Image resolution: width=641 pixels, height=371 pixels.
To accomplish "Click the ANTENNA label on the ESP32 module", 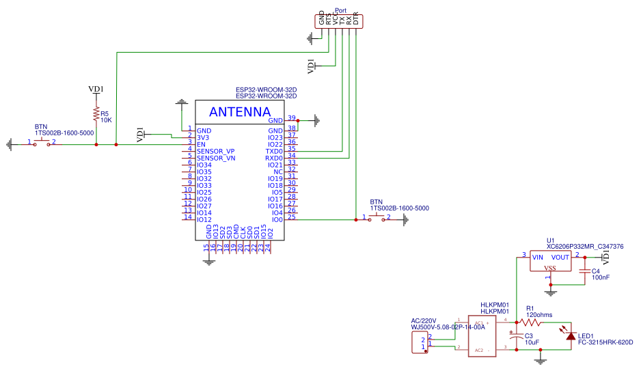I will pyautogui.click(x=239, y=112).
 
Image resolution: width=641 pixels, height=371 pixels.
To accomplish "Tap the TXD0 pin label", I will pyautogui.click(x=273, y=151).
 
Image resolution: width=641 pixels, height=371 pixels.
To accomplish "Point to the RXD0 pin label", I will pyautogui.click(x=273, y=158).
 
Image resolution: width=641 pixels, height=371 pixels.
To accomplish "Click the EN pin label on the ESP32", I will pyautogui.click(x=201, y=144).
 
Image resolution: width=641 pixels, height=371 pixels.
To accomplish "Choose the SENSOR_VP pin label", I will pyautogui.click(x=215, y=151).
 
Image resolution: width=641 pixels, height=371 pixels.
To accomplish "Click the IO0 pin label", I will pyautogui.click(x=277, y=219).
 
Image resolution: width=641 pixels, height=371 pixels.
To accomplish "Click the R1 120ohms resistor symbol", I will pyautogui.click(x=530, y=322).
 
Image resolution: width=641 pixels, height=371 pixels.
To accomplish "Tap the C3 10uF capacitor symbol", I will pyautogui.click(x=517, y=335).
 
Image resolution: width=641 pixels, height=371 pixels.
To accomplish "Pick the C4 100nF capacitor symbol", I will pyautogui.click(x=584, y=271).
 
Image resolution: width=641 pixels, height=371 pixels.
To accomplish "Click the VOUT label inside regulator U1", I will pyautogui.click(x=560, y=258).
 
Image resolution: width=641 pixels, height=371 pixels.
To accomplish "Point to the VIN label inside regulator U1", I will pyautogui.click(x=538, y=258).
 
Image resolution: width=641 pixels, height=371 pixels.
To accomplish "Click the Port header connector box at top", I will pyautogui.click(x=340, y=20).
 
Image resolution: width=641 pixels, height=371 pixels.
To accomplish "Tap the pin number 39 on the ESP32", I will pyautogui.click(x=291, y=118).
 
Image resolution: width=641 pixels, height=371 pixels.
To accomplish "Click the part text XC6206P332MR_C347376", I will pyautogui.click(x=584, y=247).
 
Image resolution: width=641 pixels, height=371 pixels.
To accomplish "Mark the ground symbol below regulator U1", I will pyautogui.click(x=552, y=292).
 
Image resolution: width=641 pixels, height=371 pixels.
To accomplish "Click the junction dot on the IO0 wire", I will pyautogui.click(x=355, y=219).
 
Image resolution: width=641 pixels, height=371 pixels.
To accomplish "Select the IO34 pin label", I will pyautogui.click(x=204, y=165).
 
